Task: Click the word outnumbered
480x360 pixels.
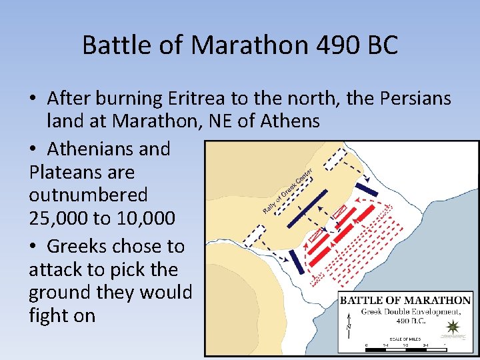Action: (88, 195)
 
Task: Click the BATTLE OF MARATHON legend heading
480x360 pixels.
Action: (405, 300)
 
